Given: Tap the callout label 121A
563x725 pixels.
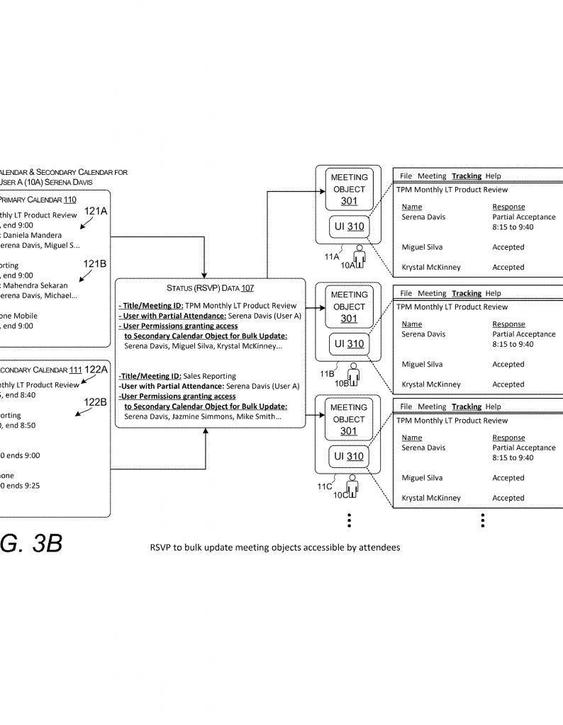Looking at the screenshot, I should point(95,210).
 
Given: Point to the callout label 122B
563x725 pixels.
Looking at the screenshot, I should point(95,402).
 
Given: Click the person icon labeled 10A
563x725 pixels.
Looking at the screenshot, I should point(360,256).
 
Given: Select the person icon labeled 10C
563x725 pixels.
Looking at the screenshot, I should point(352,488).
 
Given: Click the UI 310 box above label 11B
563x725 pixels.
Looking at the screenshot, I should point(349,344).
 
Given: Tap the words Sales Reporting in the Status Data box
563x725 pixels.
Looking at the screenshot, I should point(209,376).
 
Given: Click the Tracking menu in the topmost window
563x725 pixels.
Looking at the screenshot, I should point(466,176).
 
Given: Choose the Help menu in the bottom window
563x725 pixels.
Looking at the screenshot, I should point(493,406).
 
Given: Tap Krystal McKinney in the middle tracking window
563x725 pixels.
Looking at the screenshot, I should point(431,384).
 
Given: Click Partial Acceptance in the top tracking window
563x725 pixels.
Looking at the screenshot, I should point(524,217).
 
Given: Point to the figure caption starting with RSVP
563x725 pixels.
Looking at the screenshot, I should point(274,547).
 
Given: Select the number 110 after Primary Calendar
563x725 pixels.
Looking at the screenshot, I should point(69,200).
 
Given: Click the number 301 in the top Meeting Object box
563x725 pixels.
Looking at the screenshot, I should point(349,201).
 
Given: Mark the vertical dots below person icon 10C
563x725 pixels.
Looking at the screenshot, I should point(349,520).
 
